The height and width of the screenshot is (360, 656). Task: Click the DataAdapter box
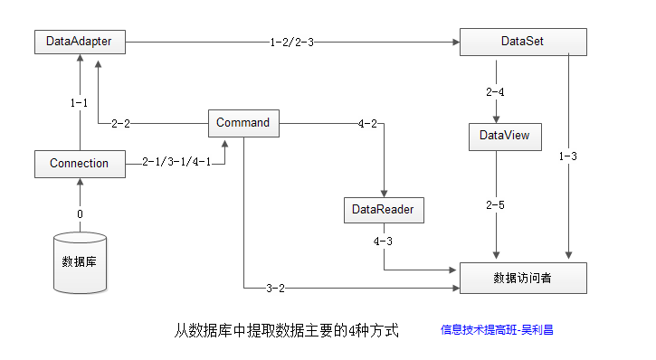80,42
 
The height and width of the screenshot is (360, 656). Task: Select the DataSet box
523,42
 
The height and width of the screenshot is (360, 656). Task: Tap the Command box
243,123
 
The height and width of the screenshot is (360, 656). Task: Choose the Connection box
80,164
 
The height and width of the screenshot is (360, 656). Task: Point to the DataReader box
384,210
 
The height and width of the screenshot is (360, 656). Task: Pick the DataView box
505,137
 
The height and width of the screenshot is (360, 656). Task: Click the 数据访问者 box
523,278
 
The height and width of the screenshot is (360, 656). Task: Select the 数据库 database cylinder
80,262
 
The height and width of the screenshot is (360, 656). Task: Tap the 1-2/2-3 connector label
291,43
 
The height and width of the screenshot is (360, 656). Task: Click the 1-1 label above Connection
79,103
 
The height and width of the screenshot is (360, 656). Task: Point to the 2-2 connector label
120,124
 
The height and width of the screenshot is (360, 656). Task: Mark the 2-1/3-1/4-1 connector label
176,162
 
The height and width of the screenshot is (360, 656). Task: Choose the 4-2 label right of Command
367,124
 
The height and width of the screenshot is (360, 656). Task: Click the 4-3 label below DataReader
383,242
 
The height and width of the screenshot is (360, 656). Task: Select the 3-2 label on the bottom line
275,288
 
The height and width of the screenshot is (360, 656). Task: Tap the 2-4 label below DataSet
495,92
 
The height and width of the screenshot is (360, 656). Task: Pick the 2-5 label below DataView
495,205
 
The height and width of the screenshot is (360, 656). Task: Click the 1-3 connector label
567,156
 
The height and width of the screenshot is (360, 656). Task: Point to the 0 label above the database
80,214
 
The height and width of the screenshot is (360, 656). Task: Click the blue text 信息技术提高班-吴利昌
497,330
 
